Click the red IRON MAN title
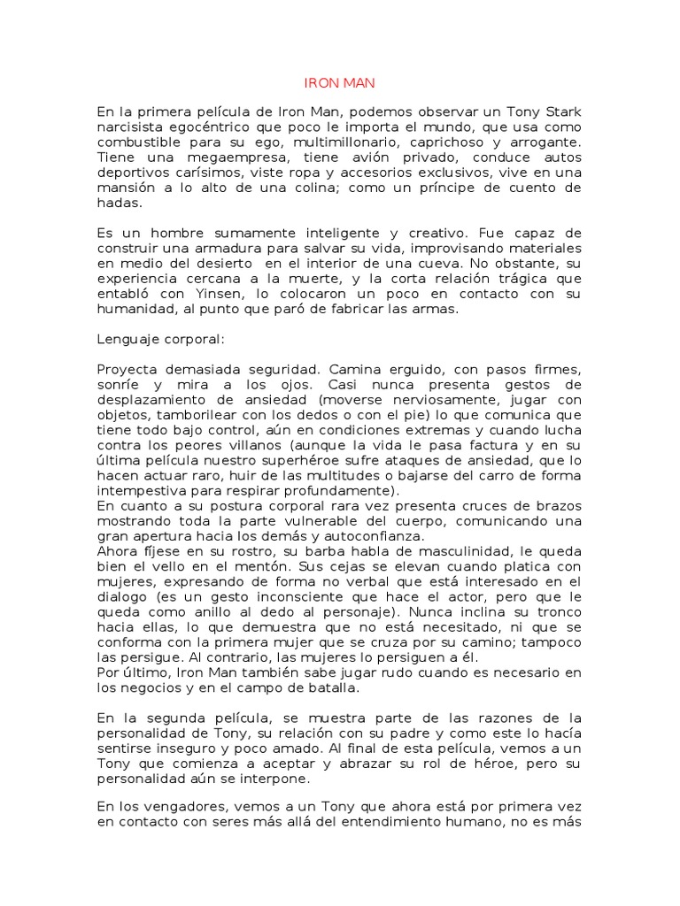click(x=340, y=83)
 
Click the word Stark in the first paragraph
click(x=561, y=112)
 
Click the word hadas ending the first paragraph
click(x=119, y=202)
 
